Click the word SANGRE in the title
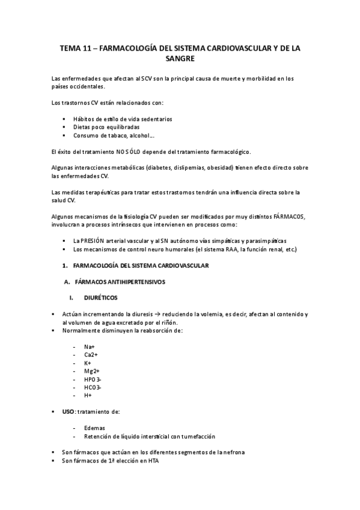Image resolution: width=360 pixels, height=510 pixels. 180,60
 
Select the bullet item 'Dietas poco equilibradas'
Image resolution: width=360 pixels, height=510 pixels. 106,127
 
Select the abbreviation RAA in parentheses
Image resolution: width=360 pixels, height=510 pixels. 228,249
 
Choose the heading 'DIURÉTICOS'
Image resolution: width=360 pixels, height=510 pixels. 102,298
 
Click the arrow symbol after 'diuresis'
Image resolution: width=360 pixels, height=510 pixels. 157,315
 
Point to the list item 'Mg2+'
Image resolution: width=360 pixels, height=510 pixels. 92,371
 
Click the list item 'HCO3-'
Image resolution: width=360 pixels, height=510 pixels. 93,387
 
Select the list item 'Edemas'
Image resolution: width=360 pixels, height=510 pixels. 95,428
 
